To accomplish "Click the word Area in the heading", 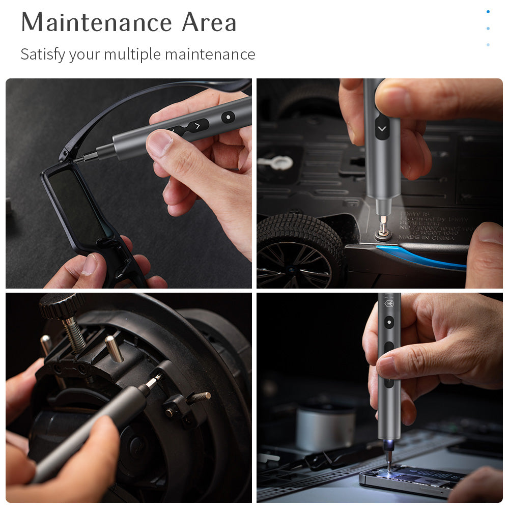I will pos(209,22).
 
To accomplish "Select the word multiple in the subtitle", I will pos(132,54).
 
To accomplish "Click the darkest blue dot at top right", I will pos(488,12).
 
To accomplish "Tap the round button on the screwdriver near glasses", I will pos(228,117).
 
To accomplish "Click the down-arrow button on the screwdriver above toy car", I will pos(382,127).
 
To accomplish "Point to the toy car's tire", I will pos(298,249).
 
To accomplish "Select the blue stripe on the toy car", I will pos(422,257).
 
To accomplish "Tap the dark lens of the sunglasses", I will pos(76,204).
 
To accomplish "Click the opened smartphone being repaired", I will pos(412,481).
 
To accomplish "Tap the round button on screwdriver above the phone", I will pos(389,322).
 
